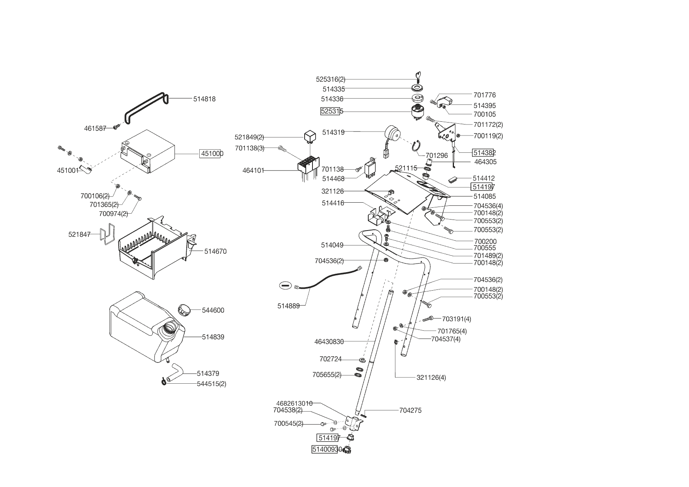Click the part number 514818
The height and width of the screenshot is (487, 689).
pyautogui.click(x=204, y=99)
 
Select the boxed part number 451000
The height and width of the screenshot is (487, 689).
pyautogui.click(x=212, y=154)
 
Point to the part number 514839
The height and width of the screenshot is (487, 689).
pyautogui.click(x=213, y=337)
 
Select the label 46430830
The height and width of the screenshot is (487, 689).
pyautogui.click(x=329, y=342)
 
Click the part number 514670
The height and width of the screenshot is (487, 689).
pyautogui.click(x=215, y=251)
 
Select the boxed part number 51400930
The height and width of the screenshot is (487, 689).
pyautogui.click(x=325, y=449)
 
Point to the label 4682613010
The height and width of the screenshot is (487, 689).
pyautogui.click(x=294, y=403)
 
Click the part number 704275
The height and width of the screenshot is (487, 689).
pyautogui.click(x=410, y=410)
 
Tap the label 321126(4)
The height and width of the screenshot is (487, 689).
pyautogui.click(x=431, y=378)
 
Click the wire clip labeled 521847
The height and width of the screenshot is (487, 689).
pyautogui.click(x=107, y=234)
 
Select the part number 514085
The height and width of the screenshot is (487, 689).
pyautogui.click(x=485, y=196)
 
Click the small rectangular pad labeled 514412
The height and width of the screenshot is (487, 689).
pyautogui.click(x=454, y=179)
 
